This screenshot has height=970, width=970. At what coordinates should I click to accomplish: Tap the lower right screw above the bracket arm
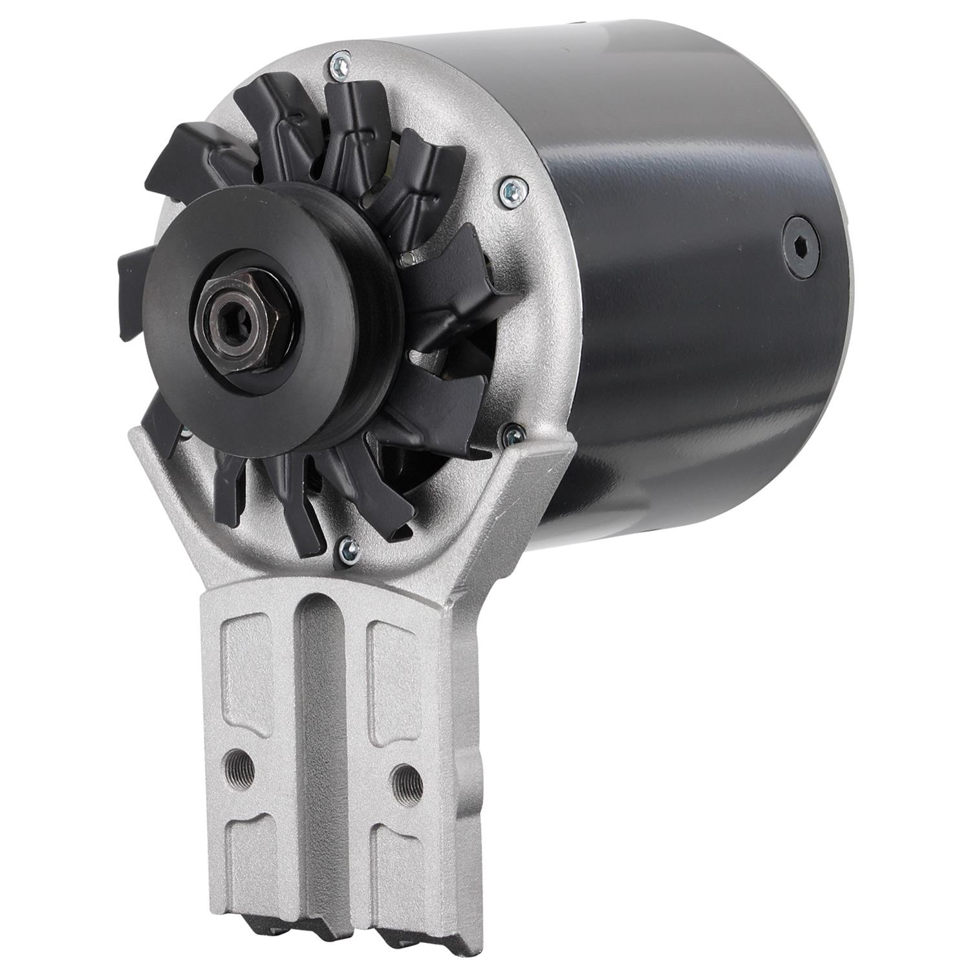tap(513, 433)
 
